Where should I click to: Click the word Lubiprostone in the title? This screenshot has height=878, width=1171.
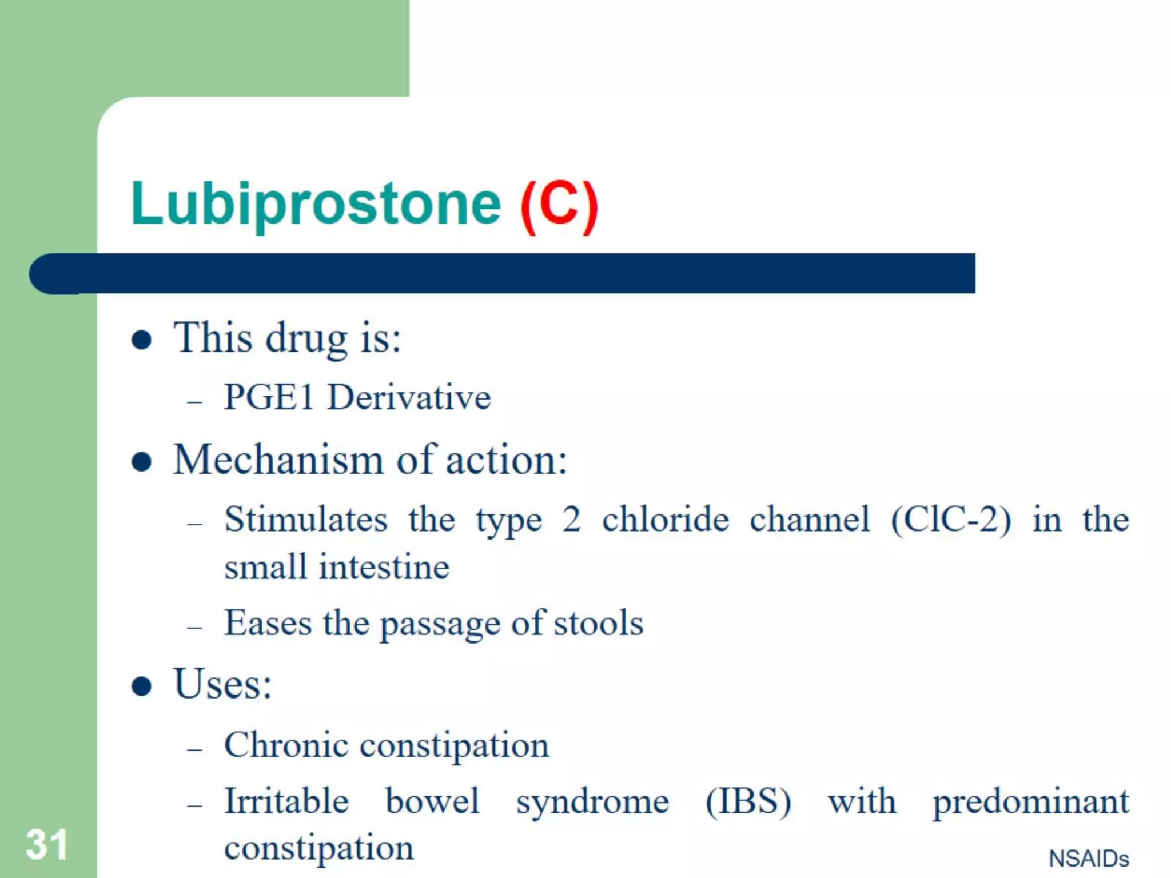[316, 203]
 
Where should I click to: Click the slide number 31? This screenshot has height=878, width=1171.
[47, 844]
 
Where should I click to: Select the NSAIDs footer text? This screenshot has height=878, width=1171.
[1089, 859]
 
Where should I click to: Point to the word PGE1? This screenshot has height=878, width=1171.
[269, 397]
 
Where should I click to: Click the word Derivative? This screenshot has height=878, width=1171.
[409, 397]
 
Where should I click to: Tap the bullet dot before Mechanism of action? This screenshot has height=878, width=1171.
[141, 461]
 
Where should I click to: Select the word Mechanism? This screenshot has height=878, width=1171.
[278, 460]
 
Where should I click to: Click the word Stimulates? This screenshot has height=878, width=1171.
[306, 519]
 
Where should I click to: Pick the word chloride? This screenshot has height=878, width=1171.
[666, 519]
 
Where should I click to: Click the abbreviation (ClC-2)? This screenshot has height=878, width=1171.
[951, 519]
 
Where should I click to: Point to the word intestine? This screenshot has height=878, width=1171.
[384, 567]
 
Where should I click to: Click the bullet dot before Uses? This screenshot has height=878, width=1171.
[141, 686]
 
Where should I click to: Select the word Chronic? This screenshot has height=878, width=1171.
[286, 745]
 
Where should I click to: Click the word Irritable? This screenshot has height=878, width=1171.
[286, 800]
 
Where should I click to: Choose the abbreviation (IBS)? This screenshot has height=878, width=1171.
[748, 801]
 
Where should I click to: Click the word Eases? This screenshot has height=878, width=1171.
[268, 622]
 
